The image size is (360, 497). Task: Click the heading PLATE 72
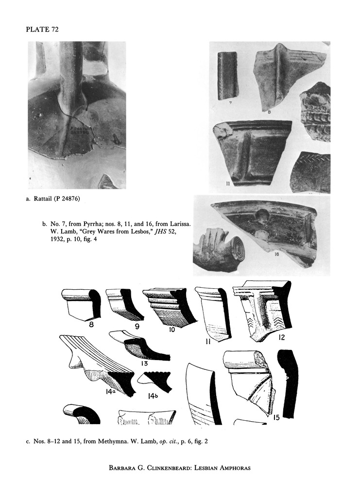pyautogui.click(x=42, y=30)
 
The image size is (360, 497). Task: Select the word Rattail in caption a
pyautogui.click(x=47, y=199)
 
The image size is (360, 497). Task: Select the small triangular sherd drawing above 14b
pyautogui.click(x=154, y=381)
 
